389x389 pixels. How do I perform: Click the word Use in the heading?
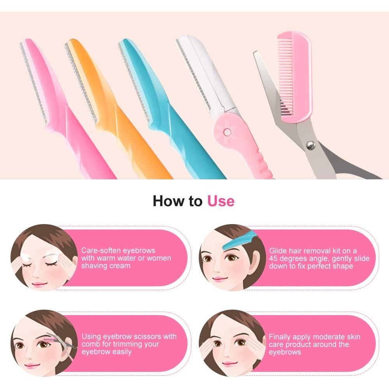point(221,201)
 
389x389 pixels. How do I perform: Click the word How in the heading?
point(167,201)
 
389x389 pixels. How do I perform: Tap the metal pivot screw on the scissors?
point(310,145)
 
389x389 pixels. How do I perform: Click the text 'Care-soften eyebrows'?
point(118,250)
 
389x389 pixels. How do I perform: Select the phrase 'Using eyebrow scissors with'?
point(129,336)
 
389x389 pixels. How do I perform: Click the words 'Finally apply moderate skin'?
point(314,336)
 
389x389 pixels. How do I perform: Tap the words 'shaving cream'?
point(106,265)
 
